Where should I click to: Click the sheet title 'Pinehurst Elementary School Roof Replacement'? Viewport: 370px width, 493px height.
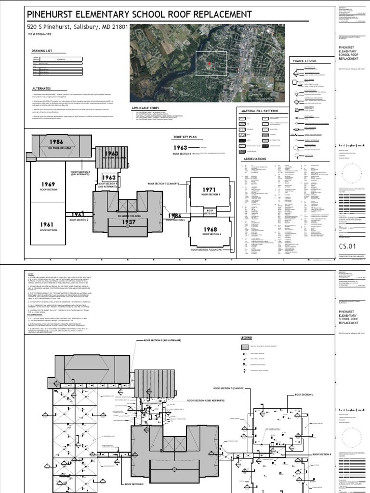pyautogui.click(x=139, y=13)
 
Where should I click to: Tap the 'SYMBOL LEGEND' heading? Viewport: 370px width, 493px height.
pyautogui.click(x=304, y=62)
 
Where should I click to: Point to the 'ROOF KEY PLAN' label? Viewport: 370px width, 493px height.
pyautogui.click(x=185, y=137)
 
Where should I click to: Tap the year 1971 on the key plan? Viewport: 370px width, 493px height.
pyautogui.click(x=210, y=189)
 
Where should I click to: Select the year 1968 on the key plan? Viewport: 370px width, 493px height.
pyautogui.click(x=210, y=230)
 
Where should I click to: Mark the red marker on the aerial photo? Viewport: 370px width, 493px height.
pyautogui.click(x=209, y=63)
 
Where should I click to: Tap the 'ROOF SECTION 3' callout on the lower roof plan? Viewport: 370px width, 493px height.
pyautogui.click(x=303, y=394)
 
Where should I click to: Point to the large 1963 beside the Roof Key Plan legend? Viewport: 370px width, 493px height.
pyautogui.click(x=181, y=147)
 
